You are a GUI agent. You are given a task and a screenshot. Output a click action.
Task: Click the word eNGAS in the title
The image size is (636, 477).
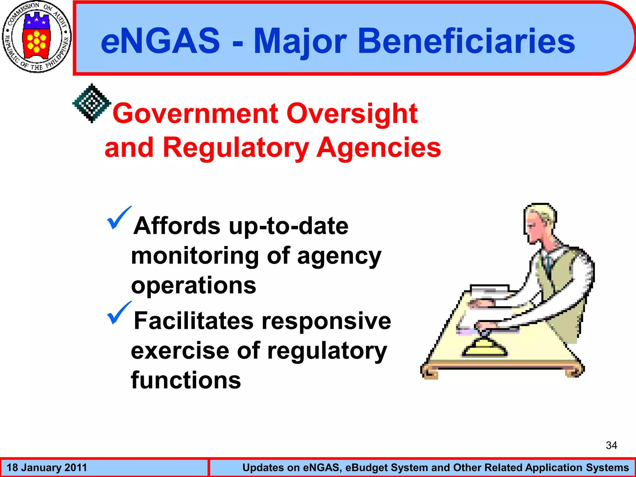[160, 41]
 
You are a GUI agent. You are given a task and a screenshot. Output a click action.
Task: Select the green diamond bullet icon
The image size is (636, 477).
[92, 103]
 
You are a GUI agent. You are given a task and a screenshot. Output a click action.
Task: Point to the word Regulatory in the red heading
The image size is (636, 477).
[236, 148]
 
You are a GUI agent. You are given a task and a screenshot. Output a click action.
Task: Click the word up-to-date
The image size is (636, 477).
[288, 226]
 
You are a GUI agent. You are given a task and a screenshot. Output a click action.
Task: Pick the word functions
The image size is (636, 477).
[186, 380]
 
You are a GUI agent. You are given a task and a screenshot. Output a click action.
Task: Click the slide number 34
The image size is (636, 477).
[611, 445]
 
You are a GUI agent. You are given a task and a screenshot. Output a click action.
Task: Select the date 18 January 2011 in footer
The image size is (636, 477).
[47, 468]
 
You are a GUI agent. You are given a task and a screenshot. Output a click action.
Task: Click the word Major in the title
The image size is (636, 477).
[300, 42]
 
